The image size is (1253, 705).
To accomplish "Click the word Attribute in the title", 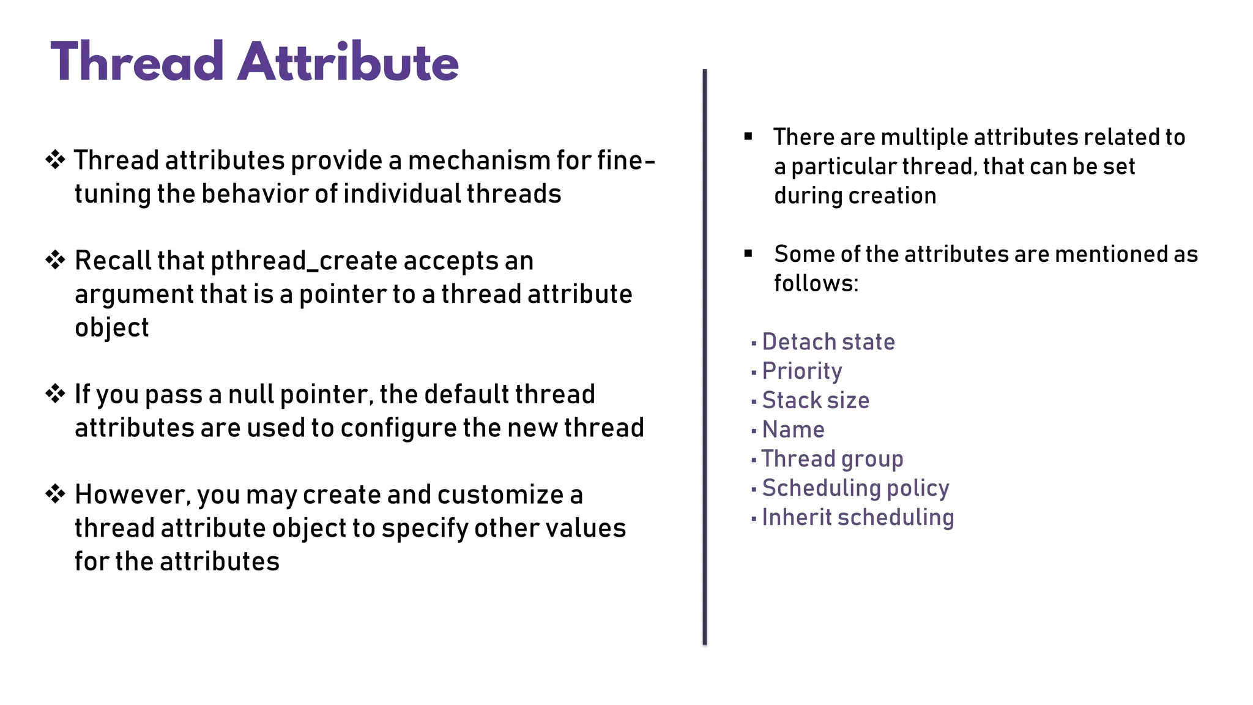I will click(348, 62).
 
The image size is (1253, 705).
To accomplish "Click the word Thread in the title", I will click(137, 62).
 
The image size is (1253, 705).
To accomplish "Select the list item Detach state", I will click(828, 341).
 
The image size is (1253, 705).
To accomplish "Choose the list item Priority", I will click(801, 371).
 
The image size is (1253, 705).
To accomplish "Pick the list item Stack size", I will click(815, 400).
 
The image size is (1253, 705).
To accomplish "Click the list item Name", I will click(793, 430).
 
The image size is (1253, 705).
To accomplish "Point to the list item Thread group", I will click(832, 459).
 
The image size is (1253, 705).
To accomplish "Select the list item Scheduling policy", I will click(855, 488).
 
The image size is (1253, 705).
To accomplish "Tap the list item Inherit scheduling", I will click(857, 518).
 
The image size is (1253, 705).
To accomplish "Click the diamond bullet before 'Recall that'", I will click(55, 260).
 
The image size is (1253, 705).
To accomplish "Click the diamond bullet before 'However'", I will click(55, 494).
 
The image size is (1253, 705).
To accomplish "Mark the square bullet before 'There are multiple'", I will click(748, 136).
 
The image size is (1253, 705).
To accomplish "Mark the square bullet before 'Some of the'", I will click(748, 253).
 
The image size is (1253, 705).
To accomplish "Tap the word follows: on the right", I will click(816, 283).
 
